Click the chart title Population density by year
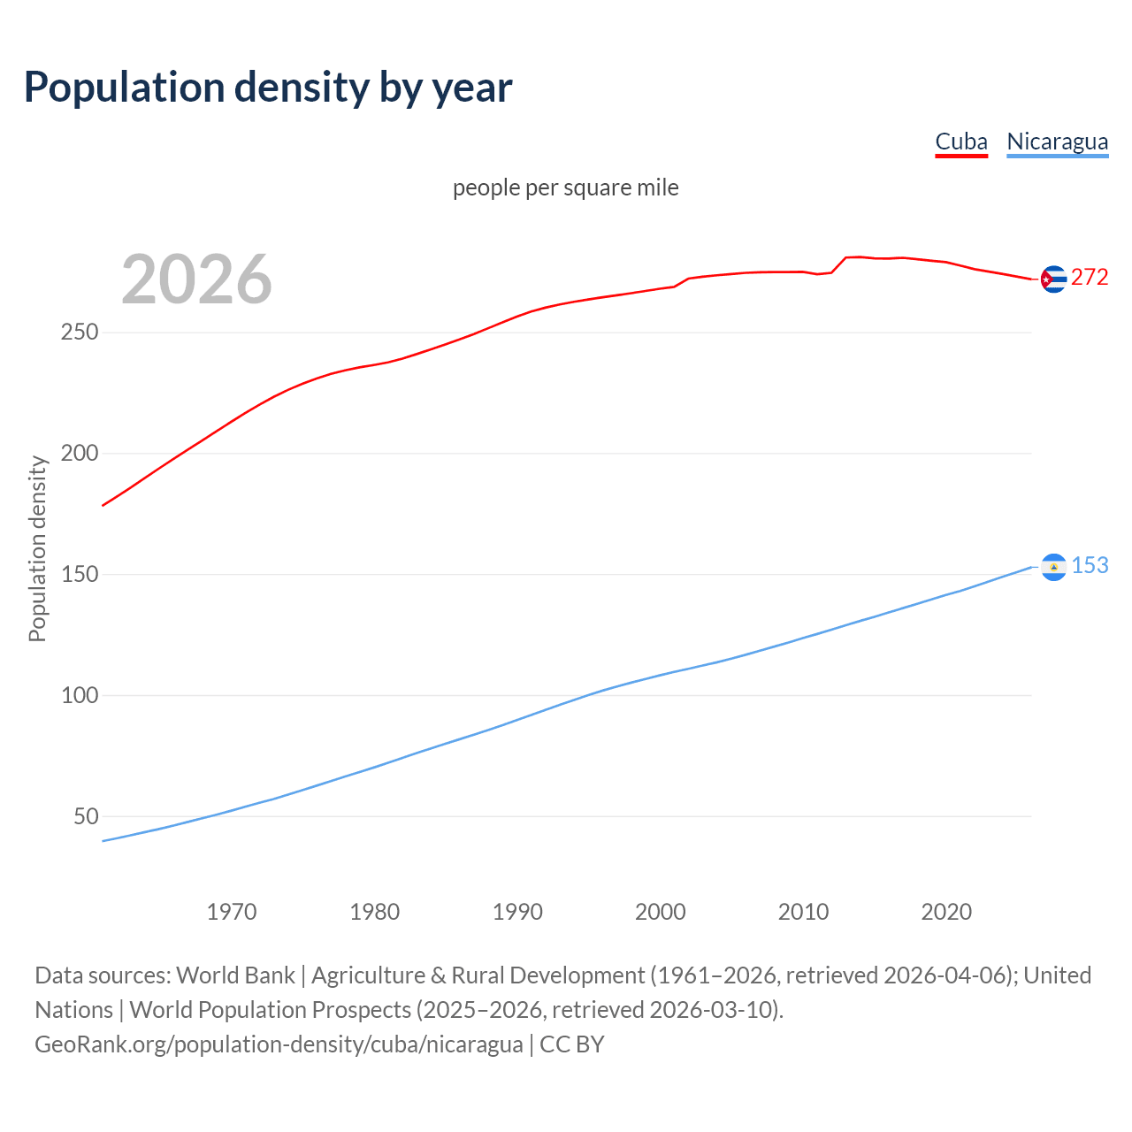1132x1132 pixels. (268, 88)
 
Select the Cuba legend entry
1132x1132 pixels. (960, 141)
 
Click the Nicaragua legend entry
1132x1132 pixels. (1057, 141)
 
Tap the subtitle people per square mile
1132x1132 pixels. (565, 187)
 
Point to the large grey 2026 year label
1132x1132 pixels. (196, 279)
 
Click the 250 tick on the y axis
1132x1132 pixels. (79, 333)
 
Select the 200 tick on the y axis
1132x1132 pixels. (79, 454)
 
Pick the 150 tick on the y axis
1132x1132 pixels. (79, 575)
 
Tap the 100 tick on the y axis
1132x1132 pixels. (79, 695)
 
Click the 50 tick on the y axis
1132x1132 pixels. (86, 816)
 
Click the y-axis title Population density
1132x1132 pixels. (37, 548)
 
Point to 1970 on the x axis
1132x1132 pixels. (232, 912)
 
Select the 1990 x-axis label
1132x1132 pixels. (517, 912)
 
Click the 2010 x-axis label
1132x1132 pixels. (803, 912)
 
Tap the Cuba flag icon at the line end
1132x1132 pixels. (1053, 279)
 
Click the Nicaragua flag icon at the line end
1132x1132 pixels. (1053, 567)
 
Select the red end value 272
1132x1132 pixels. (1090, 277)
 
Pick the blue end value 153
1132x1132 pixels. (1090, 565)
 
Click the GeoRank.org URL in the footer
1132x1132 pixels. (279, 1044)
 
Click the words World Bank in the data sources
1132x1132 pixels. (235, 975)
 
